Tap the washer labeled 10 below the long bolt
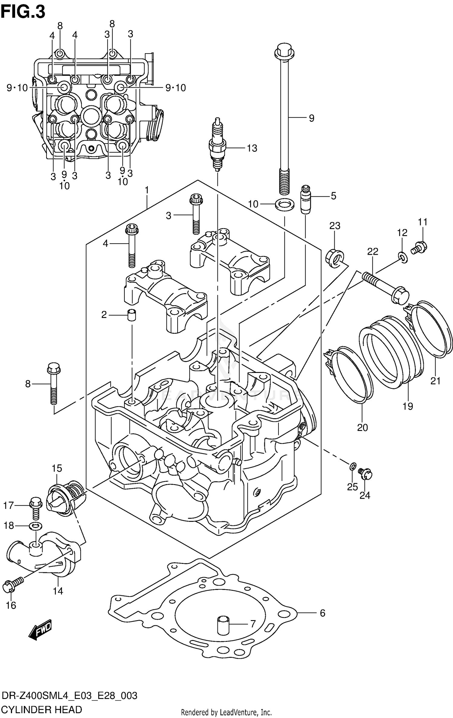[284, 205]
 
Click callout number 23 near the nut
[335, 226]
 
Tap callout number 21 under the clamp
[435, 381]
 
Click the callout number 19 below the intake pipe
[408, 406]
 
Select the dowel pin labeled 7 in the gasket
[223, 624]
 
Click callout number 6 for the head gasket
[322, 613]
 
